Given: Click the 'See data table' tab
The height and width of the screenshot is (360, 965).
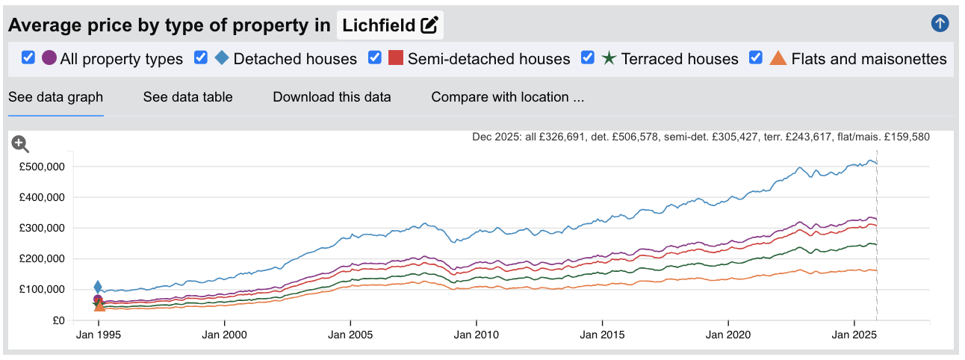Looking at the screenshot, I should [187, 97].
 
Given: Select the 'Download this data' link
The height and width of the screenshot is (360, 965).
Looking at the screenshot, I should [332, 97].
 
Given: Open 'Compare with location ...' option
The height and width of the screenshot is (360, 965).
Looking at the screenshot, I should [507, 97].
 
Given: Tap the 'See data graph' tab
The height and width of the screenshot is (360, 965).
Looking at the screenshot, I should [55, 97].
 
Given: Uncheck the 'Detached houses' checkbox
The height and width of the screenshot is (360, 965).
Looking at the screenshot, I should [201, 58].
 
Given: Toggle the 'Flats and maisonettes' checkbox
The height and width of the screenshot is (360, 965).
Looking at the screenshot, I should [756, 58].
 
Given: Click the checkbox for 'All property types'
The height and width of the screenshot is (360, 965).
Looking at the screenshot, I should [28, 58].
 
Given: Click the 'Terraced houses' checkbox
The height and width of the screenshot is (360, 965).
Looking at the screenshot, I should [588, 58].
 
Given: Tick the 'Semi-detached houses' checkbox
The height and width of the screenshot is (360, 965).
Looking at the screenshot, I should [375, 58].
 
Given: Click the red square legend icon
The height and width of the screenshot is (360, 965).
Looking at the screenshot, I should [396, 58].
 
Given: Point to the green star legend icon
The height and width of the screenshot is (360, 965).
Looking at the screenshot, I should [609, 58].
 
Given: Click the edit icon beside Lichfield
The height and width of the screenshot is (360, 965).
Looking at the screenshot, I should [429, 25].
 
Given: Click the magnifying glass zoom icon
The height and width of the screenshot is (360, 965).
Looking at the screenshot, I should [20, 144].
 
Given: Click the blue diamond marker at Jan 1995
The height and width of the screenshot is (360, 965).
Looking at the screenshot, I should [98, 287].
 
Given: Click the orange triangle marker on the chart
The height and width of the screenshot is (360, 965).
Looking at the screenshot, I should [99, 305].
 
